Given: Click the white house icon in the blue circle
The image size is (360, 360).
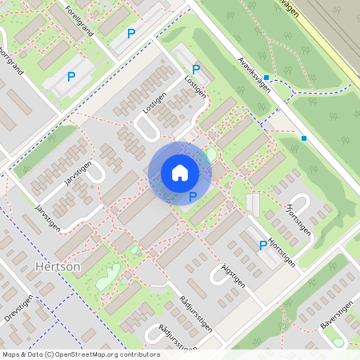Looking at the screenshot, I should coord(180,172).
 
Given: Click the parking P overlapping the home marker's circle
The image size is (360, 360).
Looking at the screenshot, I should coord(192,196).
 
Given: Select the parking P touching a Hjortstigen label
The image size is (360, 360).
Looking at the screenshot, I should coord(262,246).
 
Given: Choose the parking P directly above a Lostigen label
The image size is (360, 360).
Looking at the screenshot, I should coord(195,70).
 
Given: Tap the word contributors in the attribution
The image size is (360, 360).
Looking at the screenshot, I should coord(138,354).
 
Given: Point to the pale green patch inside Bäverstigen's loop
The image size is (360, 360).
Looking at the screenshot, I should coord(338,342).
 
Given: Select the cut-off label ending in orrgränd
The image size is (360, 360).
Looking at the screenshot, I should coord(12,71).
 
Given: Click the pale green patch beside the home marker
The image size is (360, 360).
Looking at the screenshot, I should coord(211,154).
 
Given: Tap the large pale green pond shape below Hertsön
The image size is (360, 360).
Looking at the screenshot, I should coord(106,278).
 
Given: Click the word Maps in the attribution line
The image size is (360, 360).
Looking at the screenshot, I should coord(11,354).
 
